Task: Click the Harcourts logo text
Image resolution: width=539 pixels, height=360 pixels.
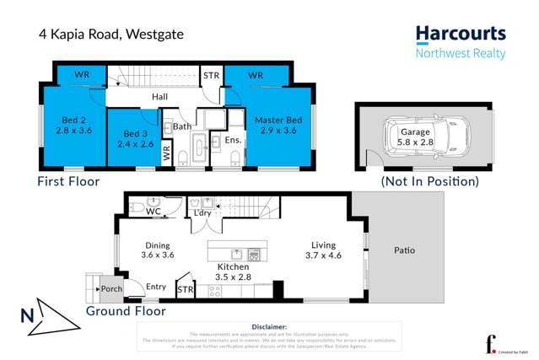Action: coord(461,35)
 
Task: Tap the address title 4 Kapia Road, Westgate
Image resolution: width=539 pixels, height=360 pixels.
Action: coord(110,35)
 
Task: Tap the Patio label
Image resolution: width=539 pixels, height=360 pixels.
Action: coord(404,250)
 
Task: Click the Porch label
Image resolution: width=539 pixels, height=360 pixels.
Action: coord(111,289)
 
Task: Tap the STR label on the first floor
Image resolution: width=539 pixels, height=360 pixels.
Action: coord(211,76)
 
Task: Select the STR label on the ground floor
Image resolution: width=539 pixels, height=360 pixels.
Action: coord(185,290)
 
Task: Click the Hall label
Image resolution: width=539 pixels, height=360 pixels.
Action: coord(159,97)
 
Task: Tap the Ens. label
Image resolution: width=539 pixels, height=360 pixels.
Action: coord(234,139)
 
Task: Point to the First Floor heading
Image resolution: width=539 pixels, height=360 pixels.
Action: coord(68,181)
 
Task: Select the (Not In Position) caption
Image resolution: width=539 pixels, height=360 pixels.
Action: coord(429,181)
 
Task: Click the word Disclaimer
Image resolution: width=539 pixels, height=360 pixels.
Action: coord(269,326)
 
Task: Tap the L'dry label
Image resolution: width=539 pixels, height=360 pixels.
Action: coord(202,212)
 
